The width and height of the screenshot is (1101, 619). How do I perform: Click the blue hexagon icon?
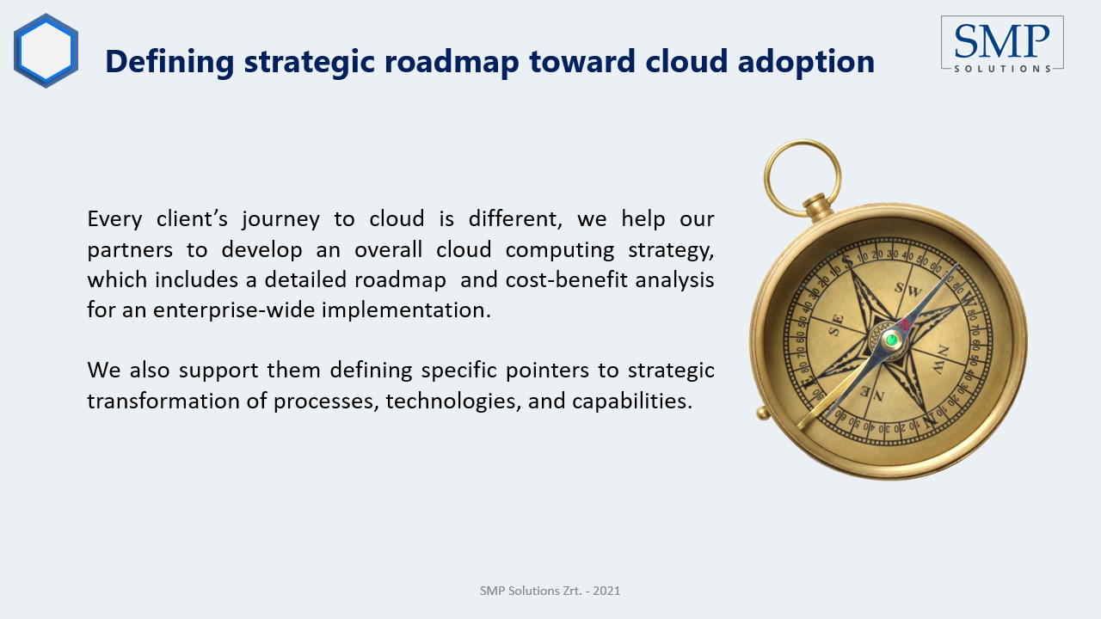pos(46,51)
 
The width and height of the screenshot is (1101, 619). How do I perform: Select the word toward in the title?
pos(582,61)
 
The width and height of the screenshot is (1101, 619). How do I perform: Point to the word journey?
pos(280,219)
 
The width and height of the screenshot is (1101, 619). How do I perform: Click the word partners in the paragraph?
pos(130,250)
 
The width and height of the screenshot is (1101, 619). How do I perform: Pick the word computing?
pos(559,250)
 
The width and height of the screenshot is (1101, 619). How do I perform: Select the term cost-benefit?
pos(566,279)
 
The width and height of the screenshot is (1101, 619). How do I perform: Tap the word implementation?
pos(406,310)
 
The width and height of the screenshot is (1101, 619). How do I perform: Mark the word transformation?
pos(163,401)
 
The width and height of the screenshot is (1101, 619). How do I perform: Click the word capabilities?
pos(632,401)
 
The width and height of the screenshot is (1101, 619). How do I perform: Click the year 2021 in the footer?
pos(606,591)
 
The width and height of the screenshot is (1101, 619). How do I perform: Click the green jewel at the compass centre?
pos(891,339)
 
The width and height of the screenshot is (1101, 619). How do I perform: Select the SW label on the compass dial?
pos(907,290)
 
